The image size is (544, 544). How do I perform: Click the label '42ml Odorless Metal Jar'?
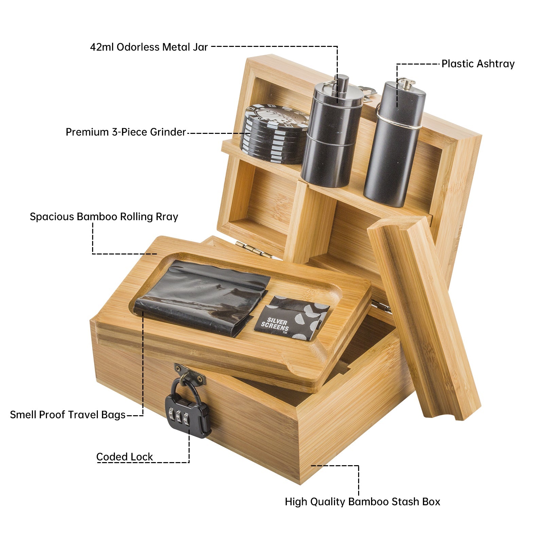(x=149, y=47)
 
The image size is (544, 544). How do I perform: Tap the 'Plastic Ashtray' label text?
(x=478, y=64)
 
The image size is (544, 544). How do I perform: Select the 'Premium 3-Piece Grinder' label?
(x=126, y=132)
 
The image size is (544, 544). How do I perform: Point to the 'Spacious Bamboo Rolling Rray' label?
(x=104, y=217)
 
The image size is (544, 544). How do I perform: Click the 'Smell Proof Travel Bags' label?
(x=68, y=415)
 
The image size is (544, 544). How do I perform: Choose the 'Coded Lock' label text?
(x=124, y=457)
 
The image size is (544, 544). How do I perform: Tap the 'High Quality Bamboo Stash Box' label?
(x=362, y=502)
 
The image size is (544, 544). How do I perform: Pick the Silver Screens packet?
(x=292, y=317)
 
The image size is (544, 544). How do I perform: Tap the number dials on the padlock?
(x=178, y=416)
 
